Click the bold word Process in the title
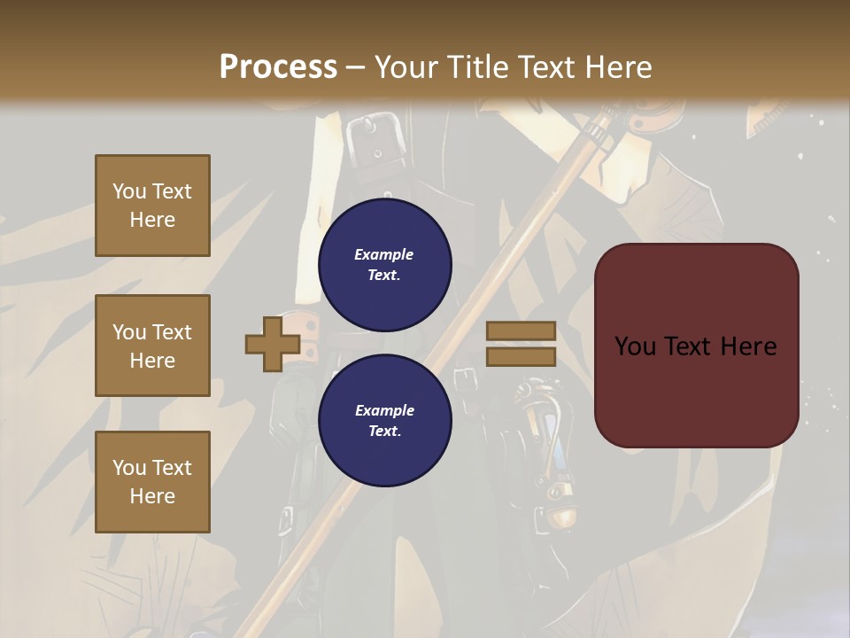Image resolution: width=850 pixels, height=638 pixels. (278, 67)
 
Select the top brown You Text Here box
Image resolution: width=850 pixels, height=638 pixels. (152, 206)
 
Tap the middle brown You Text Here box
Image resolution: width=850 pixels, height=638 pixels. (152, 346)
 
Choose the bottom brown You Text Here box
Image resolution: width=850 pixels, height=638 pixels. (152, 482)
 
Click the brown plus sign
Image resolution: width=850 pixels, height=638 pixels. (272, 345)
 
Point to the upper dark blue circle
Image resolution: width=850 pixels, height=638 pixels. (384, 265)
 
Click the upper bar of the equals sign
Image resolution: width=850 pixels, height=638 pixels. (521, 331)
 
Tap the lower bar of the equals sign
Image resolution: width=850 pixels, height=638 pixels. (521, 356)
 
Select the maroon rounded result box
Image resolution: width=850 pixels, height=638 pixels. (696, 346)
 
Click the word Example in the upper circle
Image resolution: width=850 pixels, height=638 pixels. (384, 254)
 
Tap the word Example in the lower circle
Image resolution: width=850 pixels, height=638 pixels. (384, 410)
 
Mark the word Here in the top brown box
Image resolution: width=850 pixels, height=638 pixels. (152, 220)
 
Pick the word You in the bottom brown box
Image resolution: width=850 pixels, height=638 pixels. (129, 468)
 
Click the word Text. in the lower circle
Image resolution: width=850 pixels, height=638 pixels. (384, 432)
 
